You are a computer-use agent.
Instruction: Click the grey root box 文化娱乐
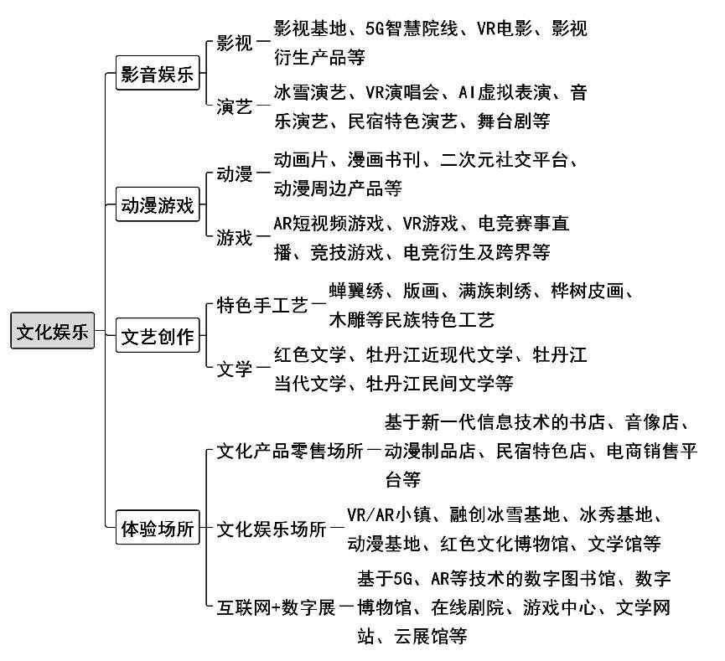tap(52, 330)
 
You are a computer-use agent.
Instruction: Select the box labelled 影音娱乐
tap(158, 73)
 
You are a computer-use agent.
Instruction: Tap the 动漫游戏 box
tap(158, 204)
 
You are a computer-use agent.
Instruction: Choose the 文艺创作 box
tap(158, 336)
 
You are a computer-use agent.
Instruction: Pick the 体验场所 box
tap(158, 528)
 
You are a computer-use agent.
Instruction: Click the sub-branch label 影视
tap(235, 43)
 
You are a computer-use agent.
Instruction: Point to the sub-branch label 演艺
tap(235, 106)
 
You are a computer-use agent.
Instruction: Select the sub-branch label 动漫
tap(235, 173)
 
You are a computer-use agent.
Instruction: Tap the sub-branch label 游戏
tap(235, 238)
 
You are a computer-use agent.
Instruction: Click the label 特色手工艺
tap(262, 305)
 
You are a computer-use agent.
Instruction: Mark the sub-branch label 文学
tap(235, 369)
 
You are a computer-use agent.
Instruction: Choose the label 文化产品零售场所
tap(290, 451)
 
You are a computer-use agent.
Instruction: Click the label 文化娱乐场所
tap(272, 529)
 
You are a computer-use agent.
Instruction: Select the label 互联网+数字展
tap(276, 607)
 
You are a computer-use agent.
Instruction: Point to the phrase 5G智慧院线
tap(412, 28)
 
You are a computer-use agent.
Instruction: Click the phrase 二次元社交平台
tap(504, 159)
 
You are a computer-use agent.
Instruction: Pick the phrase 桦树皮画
tap(588, 291)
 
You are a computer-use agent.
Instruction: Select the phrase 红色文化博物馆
tap(504, 543)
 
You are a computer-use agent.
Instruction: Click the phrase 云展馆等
tap(431, 636)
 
